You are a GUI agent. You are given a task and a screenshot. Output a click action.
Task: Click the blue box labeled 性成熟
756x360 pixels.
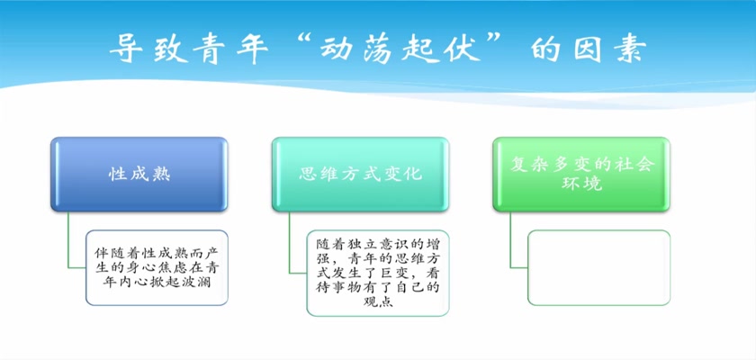[x=139, y=174]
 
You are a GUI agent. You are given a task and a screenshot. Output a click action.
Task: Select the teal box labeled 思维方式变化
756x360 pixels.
[x=360, y=174]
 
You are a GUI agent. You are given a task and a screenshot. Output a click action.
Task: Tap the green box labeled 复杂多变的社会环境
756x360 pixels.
[x=581, y=174]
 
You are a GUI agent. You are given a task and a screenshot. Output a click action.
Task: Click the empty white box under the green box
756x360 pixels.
[x=598, y=267]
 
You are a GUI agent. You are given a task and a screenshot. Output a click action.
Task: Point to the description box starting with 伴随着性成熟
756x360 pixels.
[x=157, y=267]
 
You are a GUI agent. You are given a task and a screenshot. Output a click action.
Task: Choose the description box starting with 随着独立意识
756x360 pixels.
[x=377, y=273]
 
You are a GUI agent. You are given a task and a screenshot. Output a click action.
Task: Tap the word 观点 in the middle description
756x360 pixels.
[x=377, y=302]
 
